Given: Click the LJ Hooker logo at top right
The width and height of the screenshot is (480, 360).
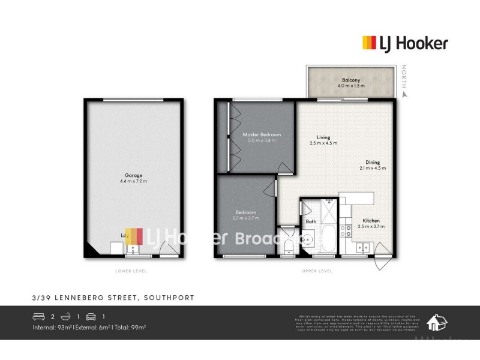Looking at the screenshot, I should pos(405,43).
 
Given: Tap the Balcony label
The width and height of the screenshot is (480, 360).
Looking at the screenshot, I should pos(351,83).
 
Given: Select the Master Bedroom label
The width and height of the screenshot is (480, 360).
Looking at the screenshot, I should pos(262,138).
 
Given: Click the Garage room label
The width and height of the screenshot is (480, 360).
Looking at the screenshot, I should pos(133,178).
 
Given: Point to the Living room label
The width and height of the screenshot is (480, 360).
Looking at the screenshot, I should pos(324,140).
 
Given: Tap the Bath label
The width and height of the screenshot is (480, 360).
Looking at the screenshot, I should pos(311,222).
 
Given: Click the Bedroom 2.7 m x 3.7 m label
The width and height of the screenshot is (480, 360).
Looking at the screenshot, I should pos(246,215).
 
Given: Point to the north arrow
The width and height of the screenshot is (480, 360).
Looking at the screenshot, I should pos(405,93).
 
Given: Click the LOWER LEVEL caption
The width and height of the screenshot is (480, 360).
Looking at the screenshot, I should pos(131,271).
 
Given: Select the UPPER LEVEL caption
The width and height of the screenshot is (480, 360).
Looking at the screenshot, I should pos(317,271).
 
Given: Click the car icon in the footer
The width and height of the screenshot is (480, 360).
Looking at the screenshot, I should pos(91,316).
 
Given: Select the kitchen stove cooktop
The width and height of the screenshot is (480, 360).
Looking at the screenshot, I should pos(346,230).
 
